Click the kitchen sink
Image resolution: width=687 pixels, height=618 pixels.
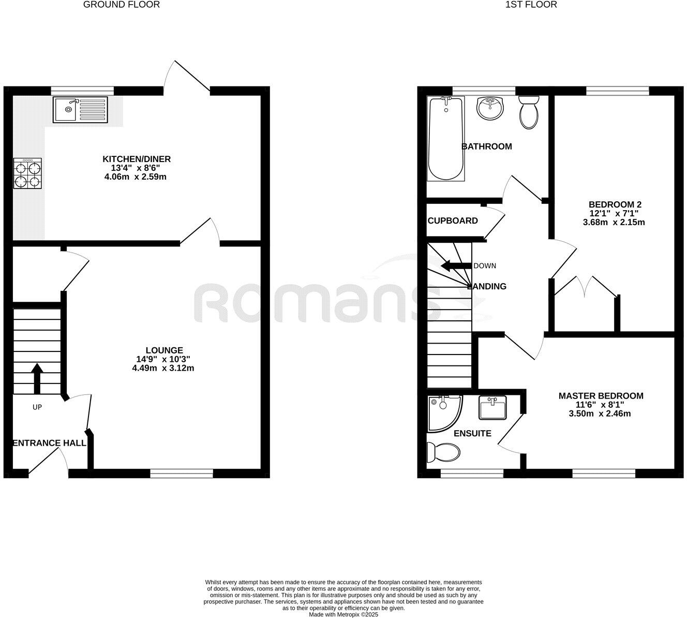tap(79, 110)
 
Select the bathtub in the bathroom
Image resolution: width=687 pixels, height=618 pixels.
tap(445, 138)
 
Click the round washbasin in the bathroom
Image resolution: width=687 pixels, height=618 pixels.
tap(489, 108)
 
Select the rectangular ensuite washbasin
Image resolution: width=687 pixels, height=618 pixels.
tap(492, 408)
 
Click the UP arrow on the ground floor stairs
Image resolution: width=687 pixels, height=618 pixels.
tap(37, 378)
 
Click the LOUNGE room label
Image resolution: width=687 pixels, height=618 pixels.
tap(164, 350)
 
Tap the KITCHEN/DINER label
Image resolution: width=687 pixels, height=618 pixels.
tap(137, 159)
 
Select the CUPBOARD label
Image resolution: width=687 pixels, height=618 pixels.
tap(453, 221)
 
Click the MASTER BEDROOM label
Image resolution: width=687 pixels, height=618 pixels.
tap(601, 396)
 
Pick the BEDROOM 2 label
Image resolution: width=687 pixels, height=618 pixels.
tap(614, 204)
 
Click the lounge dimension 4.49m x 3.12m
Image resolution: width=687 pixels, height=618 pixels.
tap(163, 368)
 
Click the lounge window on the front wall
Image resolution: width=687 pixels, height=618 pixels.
tap(182, 473)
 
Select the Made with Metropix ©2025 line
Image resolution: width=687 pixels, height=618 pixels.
tap(343, 614)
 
